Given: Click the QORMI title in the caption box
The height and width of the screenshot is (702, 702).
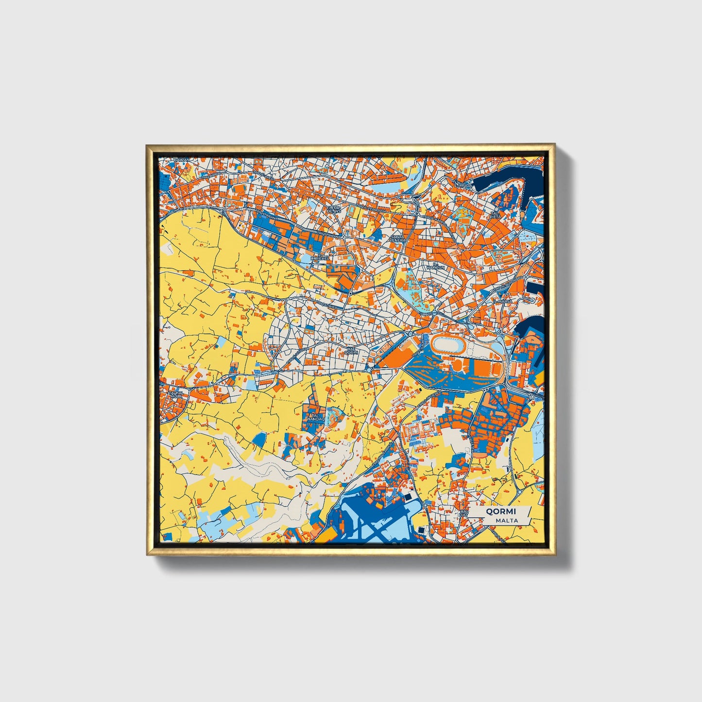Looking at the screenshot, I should pos(501,511).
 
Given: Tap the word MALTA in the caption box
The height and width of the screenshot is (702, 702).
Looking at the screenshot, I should pos(506,520).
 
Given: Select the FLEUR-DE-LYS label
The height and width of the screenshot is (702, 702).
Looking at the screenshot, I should pos(334,209).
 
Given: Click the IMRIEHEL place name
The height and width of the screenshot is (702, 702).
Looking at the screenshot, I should pos(321,259).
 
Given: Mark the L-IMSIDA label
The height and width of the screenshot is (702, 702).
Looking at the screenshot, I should pos(461,185).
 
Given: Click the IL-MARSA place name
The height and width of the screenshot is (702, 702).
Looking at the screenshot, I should pos(500,301).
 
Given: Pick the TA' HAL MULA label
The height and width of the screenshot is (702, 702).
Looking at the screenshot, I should pos(176,394).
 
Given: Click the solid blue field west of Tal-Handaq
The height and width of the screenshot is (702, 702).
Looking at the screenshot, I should pos(259,440).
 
